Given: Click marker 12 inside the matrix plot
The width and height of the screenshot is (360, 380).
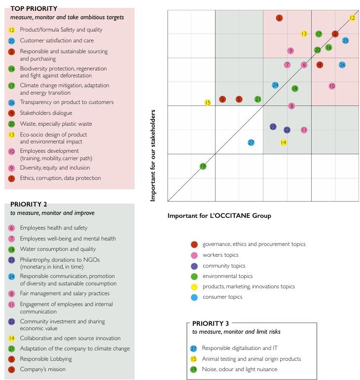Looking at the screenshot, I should (352, 18).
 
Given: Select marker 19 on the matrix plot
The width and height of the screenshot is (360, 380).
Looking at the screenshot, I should (203, 167).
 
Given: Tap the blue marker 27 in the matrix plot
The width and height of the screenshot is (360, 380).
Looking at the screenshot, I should (251, 142).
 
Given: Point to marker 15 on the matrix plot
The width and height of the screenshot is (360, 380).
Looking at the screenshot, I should (208, 103).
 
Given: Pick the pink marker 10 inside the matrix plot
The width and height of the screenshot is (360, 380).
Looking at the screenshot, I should (332, 86).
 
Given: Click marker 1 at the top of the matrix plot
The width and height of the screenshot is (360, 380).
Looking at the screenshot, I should (279, 18).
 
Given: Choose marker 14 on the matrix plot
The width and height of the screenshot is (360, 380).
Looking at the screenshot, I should (284, 142).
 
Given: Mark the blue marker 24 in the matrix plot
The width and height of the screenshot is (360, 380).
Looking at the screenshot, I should (275, 85).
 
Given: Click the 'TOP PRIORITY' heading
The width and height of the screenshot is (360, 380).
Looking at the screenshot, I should (34, 8).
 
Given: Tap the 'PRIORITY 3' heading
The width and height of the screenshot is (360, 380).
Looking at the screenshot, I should (211, 323).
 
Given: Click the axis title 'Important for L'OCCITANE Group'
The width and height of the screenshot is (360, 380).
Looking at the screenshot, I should (219, 215).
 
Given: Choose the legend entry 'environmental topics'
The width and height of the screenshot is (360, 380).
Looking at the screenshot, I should (227, 276).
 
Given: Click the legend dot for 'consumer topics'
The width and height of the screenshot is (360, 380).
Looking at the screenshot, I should (194, 297).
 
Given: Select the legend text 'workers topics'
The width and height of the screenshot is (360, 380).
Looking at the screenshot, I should (220, 255).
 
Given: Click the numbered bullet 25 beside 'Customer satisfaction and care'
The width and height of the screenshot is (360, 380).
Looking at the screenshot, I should (11, 41).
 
